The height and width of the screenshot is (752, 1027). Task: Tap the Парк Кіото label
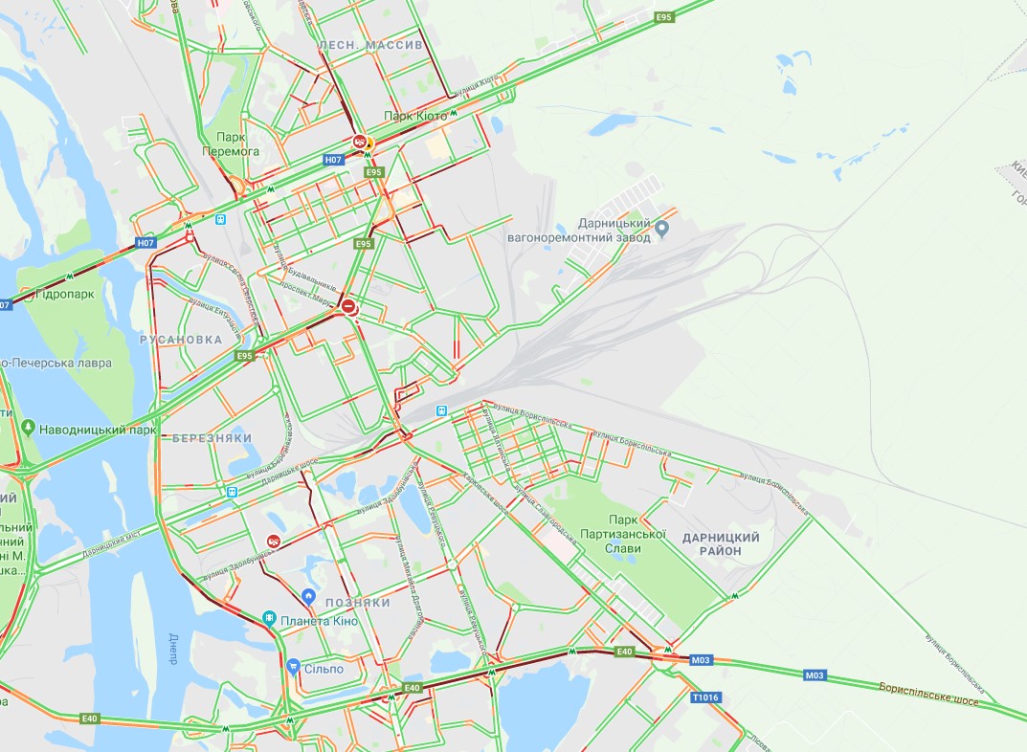click(x=414, y=116)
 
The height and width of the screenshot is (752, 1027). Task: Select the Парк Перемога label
click(x=231, y=144)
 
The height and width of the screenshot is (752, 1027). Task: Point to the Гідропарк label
click(x=64, y=294)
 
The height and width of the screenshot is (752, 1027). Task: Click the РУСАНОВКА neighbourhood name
click(x=180, y=340)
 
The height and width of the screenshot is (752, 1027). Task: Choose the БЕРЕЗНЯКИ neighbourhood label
click(x=212, y=438)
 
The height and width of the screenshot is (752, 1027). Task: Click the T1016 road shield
click(x=704, y=697)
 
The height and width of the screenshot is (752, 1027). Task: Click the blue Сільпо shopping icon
click(x=294, y=667)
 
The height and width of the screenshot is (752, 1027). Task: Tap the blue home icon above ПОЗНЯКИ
click(x=308, y=596)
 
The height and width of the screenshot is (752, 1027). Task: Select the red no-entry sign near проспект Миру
click(x=350, y=307)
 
